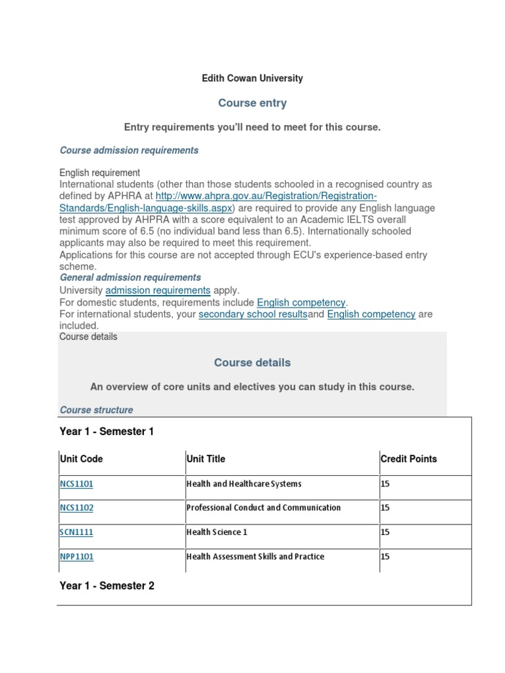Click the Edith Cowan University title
[x=252, y=78]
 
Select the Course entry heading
[x=252, y=103]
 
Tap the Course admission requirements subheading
[x=129, y=151]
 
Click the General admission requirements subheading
[x=130, y=278]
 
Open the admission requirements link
[x=158, y=290]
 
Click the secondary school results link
[x=253, y=314]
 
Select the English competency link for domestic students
[x=301, y=302]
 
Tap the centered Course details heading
[x=252, y=363]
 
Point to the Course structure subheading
[x=96, y=410]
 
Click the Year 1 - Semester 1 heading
[x=107, y=432]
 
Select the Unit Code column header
[x=81, y=459]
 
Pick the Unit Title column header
[x=206, y=459]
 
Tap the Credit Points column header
[x=408, y=459]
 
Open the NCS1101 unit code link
[x=76, y=484]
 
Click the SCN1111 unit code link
[x=76, y=532]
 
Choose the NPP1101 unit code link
[x=76, y=557]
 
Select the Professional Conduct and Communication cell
[x=264, y=507]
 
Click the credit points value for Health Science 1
[x=385, y=532]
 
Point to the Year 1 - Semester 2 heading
[x=107, y=586]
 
